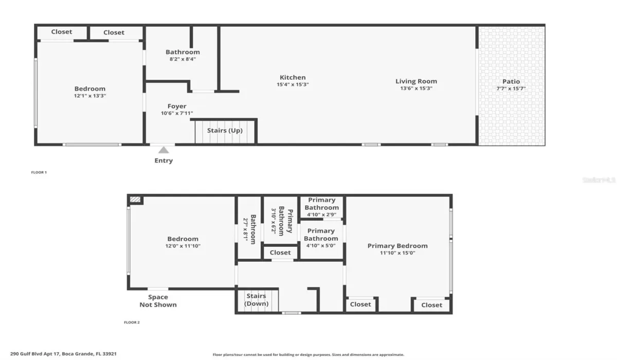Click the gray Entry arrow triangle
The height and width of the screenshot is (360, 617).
point(164,150)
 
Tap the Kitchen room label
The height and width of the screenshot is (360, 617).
point(293,78)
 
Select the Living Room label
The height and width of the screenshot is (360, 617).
point(416,81)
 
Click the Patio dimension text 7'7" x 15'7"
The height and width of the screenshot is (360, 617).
point(511,88)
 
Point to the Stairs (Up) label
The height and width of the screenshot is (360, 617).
point(225,131)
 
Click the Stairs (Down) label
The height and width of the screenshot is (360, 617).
point(256,300)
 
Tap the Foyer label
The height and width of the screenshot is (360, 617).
point(177,106)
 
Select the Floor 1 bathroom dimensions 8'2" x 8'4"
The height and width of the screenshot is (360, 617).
point(183,59)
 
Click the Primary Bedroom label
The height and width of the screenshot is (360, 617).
point(397,246)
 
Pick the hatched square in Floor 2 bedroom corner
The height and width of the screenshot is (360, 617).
point(135,200)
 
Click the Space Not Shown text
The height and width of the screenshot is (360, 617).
point(158,301)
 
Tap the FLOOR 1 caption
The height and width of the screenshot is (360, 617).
point(39,172)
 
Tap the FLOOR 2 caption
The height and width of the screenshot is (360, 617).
point(132,322)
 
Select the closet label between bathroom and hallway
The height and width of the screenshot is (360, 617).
point(280,253)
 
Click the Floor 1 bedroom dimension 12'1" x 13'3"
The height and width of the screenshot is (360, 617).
point(90,96)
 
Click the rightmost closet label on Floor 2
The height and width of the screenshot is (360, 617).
point(431,305)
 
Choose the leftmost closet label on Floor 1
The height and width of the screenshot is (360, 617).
point(62,32)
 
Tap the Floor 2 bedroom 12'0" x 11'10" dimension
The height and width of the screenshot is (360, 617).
point(183,246)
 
